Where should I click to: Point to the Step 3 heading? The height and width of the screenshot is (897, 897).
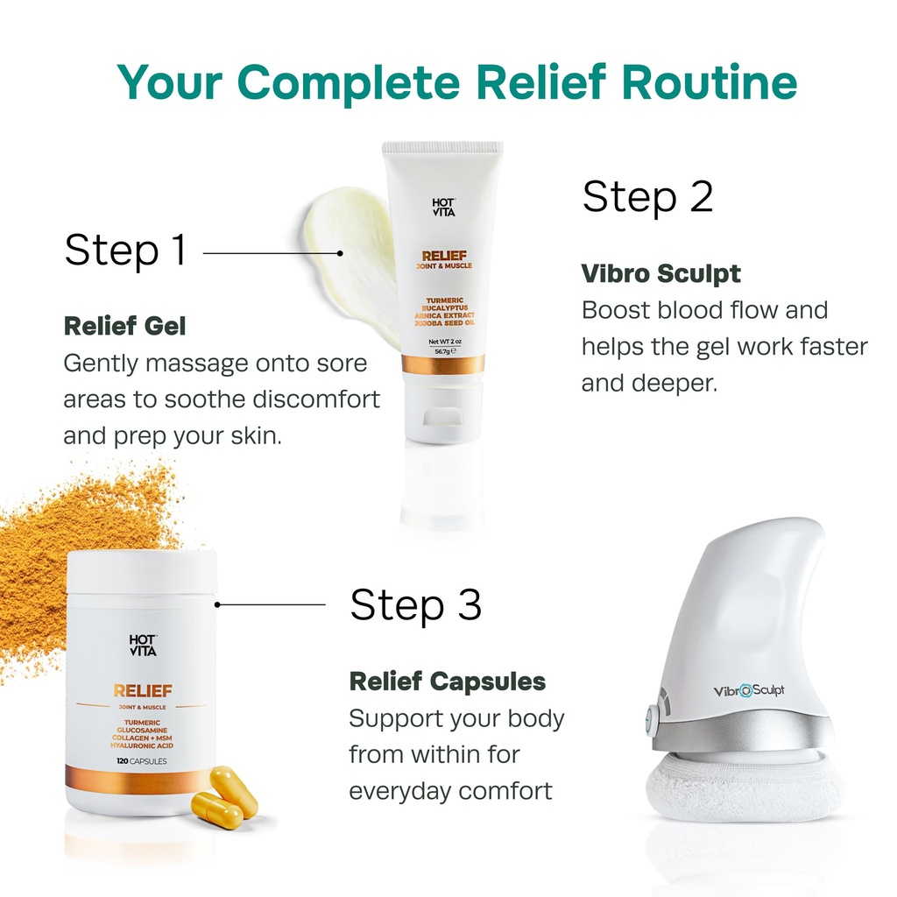click(x=416, y=604)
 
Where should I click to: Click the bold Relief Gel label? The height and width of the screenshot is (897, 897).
click(x=124, y=327)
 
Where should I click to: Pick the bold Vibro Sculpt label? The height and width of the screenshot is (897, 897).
click(x=660, y=273)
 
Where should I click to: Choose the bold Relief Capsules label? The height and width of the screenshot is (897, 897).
click(x=447, y=681)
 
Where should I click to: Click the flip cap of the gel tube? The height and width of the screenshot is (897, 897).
click(x=442, y=413)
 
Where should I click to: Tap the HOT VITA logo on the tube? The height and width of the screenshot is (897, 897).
click(x=443, y=208)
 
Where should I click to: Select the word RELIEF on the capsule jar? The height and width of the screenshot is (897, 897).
click(x=142, y=690)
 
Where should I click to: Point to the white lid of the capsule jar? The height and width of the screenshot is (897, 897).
click(x=142, y=573)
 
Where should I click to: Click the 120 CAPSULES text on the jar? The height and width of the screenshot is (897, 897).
click(x=141, y=761)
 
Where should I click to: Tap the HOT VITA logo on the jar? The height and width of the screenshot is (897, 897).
click(x=142, y=646)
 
